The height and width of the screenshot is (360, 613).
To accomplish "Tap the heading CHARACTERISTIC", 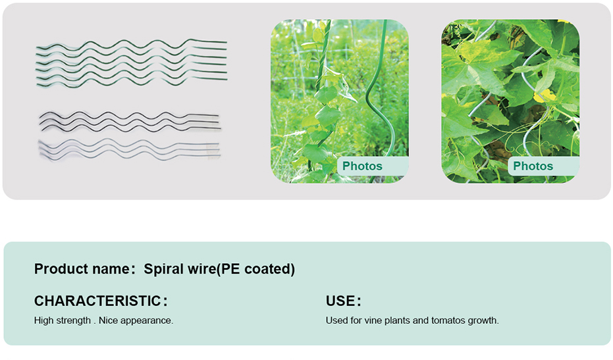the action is [x=97, y=301].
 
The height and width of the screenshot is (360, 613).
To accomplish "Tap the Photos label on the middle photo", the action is [x=362, y=166].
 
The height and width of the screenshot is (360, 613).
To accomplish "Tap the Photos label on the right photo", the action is [x=533, y=166].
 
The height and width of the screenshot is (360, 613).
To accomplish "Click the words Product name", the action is [x=82, y=269].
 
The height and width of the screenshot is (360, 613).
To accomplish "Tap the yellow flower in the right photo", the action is [x=545, y=96].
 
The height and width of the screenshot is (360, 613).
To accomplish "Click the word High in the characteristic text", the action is [x=43, y=321].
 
